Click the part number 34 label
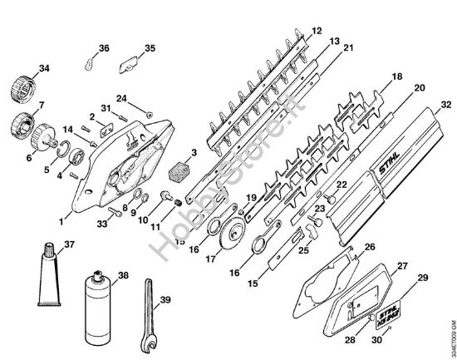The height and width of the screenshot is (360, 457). pyautogui.click(x=22, y=68)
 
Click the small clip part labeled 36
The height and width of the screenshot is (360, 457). pyautogui.click(x=88, y=62)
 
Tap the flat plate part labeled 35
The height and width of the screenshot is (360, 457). pyautogui.click(x=130, y=62)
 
